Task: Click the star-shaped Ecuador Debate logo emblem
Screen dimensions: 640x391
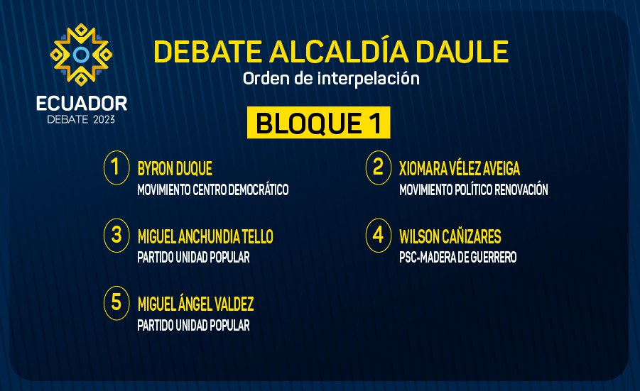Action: point(81,54)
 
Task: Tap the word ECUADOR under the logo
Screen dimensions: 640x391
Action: point(82,104)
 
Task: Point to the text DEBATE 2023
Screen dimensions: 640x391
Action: point(81,119)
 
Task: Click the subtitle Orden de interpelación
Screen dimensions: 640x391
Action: point(331,78)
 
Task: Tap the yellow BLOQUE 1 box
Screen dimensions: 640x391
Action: point(318,123)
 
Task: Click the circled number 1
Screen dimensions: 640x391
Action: point(116,167)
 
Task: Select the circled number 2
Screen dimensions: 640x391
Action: point(379,167)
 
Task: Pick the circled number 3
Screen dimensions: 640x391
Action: point(116,236)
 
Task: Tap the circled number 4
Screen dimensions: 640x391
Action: point(379,236)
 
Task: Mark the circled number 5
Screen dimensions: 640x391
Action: point(116,303)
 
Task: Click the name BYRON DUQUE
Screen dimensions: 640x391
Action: point(175,169)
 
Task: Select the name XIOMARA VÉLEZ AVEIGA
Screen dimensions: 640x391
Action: point(460,168)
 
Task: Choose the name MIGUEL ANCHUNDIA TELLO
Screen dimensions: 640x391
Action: point(205,236)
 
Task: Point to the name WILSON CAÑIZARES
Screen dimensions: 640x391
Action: point(450,236)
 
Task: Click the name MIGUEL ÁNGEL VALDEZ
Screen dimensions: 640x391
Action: point(195,303)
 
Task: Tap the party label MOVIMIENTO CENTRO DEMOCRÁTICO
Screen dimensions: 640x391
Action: point(213,189)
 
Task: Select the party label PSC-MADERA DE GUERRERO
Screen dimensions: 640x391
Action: point(458,258)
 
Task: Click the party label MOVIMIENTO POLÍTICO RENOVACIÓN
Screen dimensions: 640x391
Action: point(474,189)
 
